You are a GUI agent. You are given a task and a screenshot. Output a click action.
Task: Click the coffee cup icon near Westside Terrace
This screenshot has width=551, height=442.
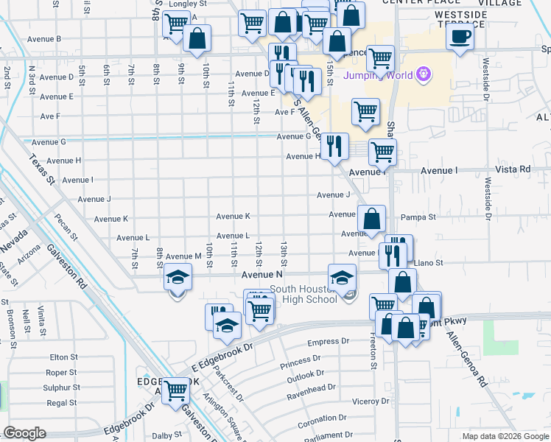460,35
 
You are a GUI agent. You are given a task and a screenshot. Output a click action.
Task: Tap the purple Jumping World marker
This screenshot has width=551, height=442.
423,74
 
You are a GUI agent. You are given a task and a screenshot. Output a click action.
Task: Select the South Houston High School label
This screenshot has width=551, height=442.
303,294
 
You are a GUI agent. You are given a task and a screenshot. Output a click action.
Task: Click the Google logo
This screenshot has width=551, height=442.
25,433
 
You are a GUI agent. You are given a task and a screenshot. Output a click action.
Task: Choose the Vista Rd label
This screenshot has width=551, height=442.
514,169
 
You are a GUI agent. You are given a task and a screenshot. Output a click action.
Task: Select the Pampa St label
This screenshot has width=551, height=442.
419,217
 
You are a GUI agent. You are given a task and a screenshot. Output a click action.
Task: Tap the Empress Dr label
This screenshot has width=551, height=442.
328,342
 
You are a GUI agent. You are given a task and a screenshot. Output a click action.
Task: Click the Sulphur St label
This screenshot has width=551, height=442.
60,387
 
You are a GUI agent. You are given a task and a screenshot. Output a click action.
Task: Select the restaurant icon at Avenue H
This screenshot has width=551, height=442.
334,146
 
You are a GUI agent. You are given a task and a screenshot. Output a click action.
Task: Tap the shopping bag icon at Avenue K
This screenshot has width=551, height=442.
372,218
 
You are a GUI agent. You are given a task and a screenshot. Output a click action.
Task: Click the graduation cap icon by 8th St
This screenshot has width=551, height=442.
177,279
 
